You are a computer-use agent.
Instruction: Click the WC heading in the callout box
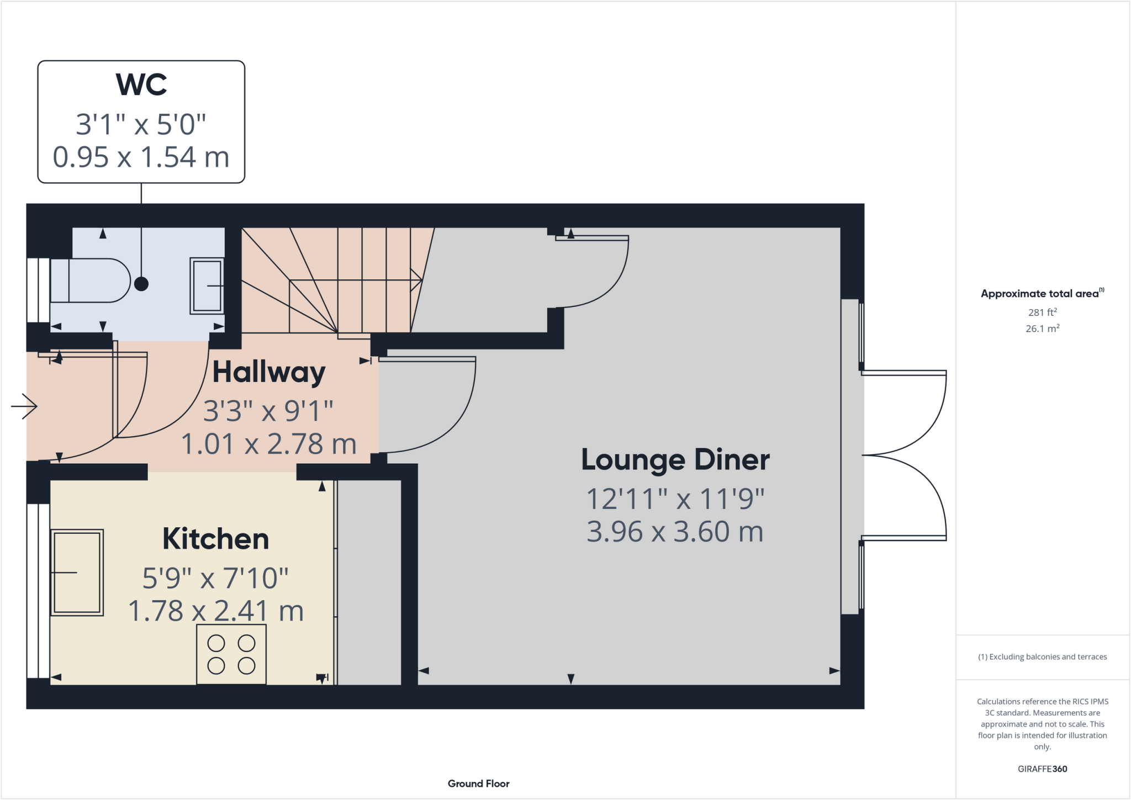pyautogui.click(x=141, y=84)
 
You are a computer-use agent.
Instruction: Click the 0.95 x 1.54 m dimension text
pyautogui.click(x=141, y=157)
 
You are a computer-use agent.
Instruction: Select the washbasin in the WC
pyautogui.click(x=207, y=285)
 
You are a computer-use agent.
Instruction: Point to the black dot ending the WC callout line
pyautogui.click(x=141, y=284)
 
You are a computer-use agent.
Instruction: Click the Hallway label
pyautogui.click(x=269, y=372)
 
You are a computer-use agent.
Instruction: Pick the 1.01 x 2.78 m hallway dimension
pyautogui.click(x=269, y=444)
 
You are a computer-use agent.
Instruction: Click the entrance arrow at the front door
pyautogui.click(x=24, y=406)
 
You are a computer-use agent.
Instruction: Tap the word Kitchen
pyautogui.click(x=215, y=539)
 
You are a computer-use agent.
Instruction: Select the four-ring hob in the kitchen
pyautogui.click(x=231, y=654)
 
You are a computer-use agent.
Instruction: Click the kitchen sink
pyautogui.click(x=77, y=573)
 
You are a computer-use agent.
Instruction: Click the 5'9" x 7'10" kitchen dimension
pyautogui.click(x=215, y=578)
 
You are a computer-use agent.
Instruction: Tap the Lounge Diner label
pyautogui.click(x=675, y=460)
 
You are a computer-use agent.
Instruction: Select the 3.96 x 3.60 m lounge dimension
pyautogui.click(x=675, y=532)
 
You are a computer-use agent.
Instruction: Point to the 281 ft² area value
pyautogui.click(x=1042, y=312)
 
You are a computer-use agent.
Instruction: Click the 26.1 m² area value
pyautogui.click(x=1042, y=329)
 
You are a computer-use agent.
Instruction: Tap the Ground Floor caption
pyautogui.click(x=478, y=783)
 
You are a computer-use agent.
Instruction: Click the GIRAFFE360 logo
pyautogui.click(x=1042, y=769)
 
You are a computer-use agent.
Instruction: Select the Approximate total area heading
pyautogui.click(x=1041, y=294)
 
